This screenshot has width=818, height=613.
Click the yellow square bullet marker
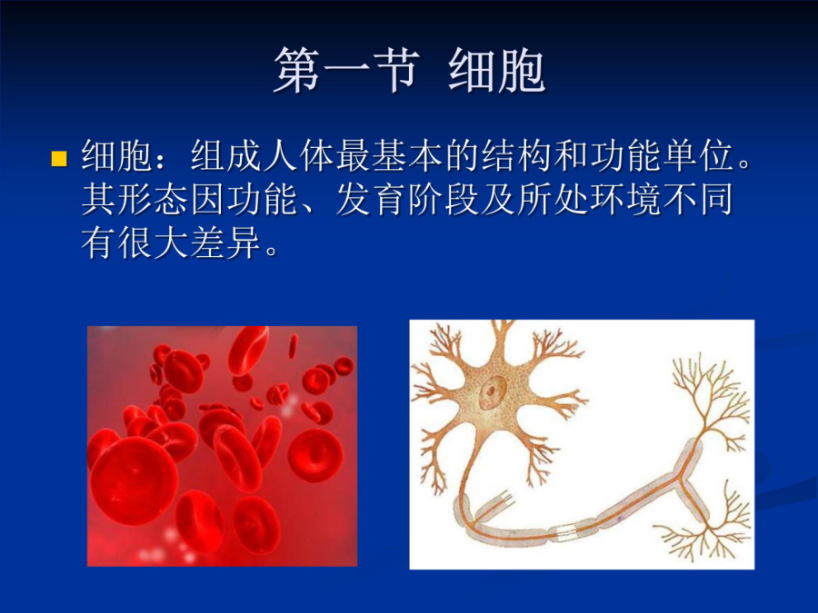coord(59,158)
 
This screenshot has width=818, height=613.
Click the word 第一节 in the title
coord(347,70)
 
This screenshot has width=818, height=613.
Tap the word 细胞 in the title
coord(496,70)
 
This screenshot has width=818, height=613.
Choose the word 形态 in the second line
coord(154,199)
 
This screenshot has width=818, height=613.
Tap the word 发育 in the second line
coord(372,199)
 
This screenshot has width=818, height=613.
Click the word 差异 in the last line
coord(227,242)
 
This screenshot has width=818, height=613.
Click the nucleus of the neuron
coord(492,391)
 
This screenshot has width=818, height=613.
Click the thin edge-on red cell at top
coord(294,347)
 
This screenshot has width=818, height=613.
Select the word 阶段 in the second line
coord(444,199)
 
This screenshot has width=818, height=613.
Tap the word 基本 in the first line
coord(408,155)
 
